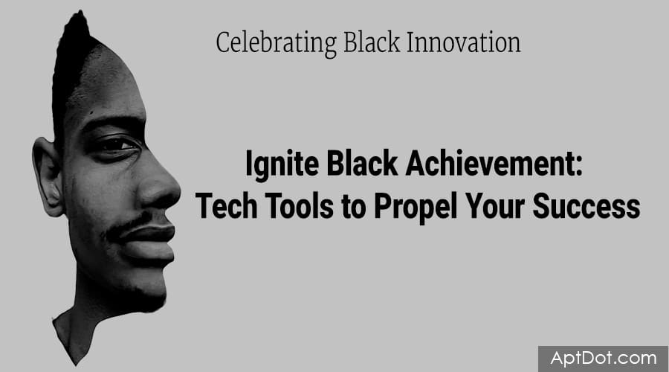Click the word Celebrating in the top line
[x=277, y=44]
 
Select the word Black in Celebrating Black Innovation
[x=372, y=42]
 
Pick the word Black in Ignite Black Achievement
[x=362, y=163]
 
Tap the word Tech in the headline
[x=226, y=205]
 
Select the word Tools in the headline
[x=300, y=205]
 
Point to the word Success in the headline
[x=586, y=205]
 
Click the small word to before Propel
[x=354, y=207]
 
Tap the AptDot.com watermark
[x=604, y=358]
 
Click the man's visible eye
[x=117, y=145]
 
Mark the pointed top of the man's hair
[x=80, y=13]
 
